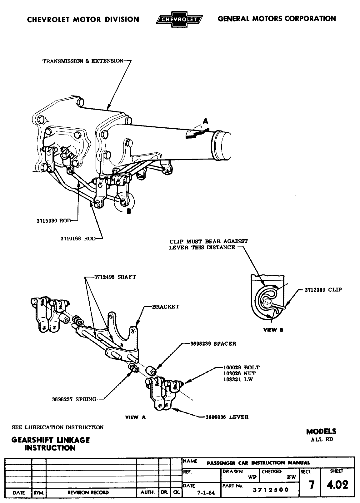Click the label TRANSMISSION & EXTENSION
[83, 61]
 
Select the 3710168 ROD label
[78, 239]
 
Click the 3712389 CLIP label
[323, 290]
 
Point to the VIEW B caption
[273, 330]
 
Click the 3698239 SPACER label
[213, 344]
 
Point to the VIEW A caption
[135, 417]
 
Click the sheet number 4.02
[337, 485]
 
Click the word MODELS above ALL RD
[321, 432]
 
